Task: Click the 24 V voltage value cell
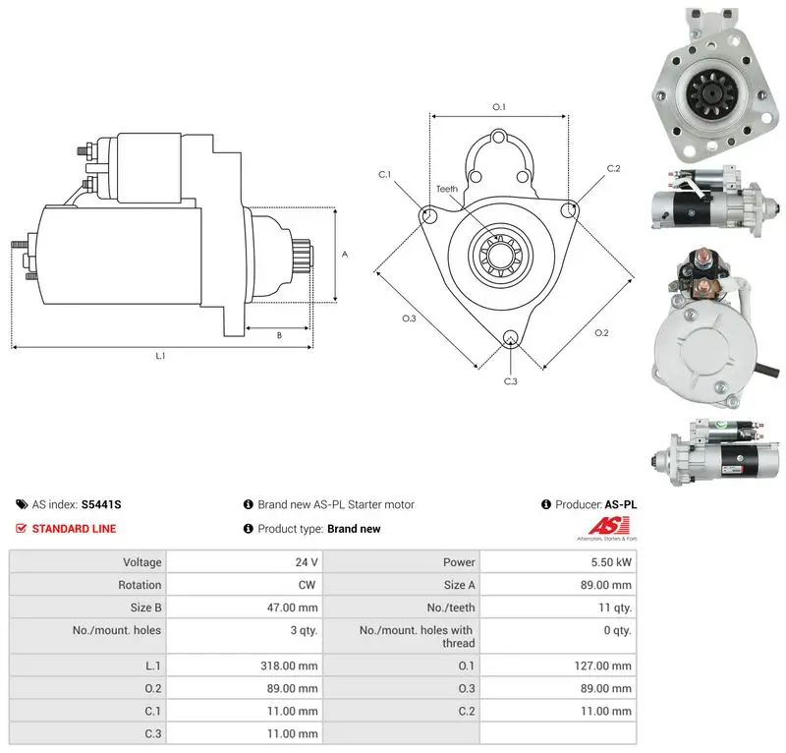[307, 562]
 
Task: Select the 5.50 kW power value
[611, 562]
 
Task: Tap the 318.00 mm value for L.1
[289, 666]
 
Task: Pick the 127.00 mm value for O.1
[602, 666]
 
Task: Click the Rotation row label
[140, 585]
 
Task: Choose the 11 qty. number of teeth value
[615, 608]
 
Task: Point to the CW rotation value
[307, 585]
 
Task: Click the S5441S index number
[101, 504]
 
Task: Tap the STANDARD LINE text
[75, 529]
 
